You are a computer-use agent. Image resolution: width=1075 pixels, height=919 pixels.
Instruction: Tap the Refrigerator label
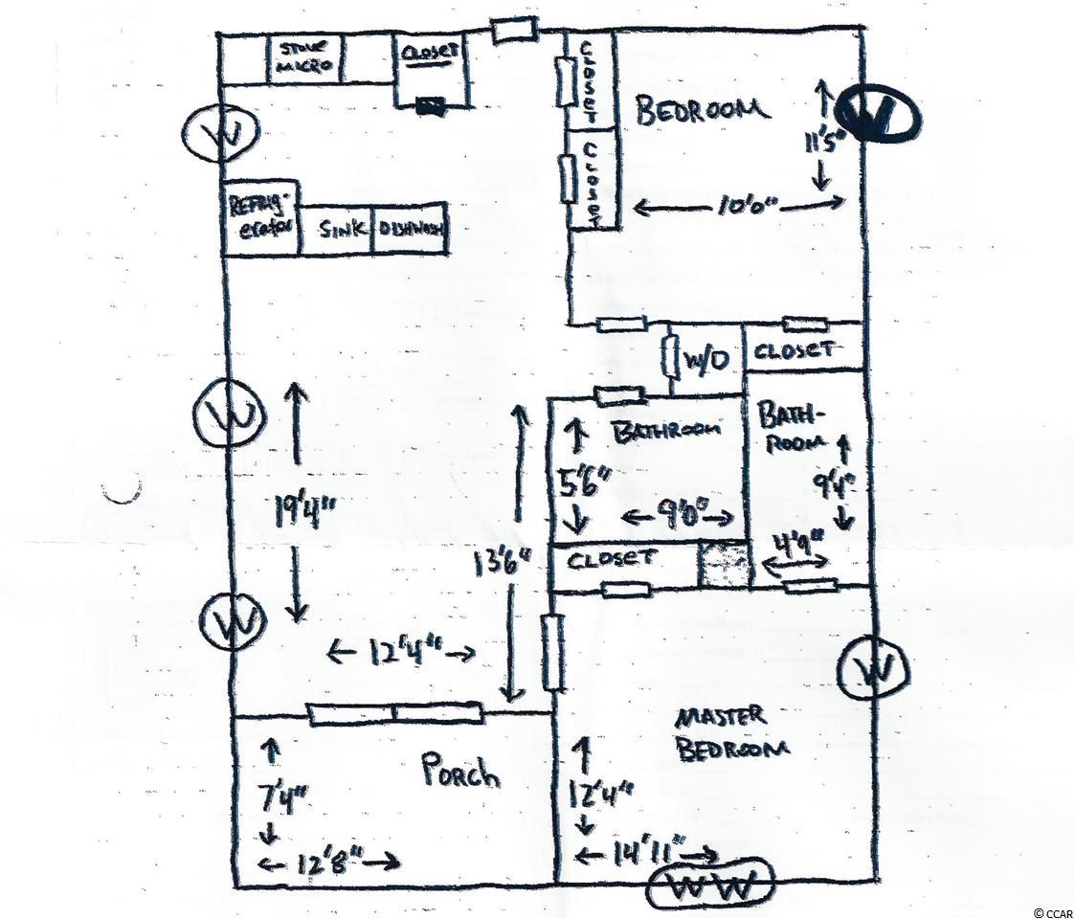tap(259, 219)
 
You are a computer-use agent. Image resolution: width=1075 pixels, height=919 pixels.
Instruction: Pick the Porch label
tap(461, 772)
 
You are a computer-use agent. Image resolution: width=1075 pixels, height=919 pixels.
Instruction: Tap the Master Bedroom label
tap(732, 733)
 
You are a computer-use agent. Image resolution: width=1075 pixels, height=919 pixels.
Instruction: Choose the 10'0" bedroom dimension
tap(739, 206)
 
